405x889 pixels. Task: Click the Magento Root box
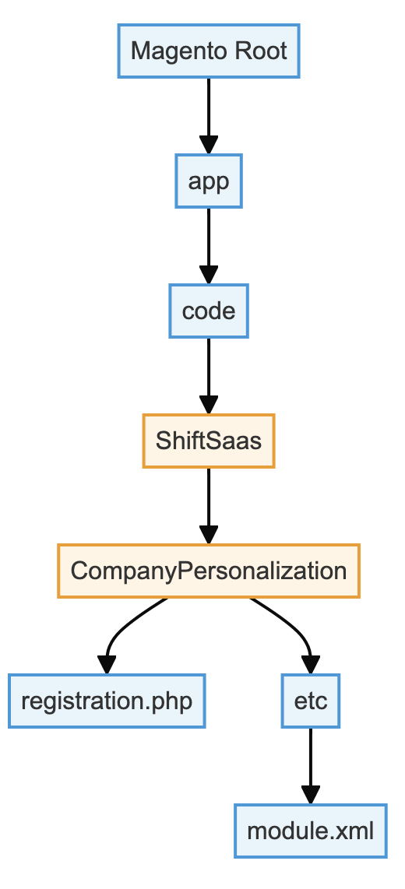(x=209, y=51)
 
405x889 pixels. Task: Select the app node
(x=209, y=181)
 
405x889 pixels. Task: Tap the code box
(x=209, y=311)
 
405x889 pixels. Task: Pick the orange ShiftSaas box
(x=209, y=441)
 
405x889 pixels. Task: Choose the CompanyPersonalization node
(x=209, y=571)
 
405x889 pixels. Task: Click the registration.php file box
(x=107, y=701)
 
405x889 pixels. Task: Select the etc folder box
(x=311, y=701)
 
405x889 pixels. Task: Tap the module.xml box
(x=311, y=831)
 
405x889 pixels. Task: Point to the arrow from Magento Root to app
(x=209, y=116)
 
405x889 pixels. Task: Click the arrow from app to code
(x=209, y=245)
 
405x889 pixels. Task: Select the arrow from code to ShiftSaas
(x=209, y=375)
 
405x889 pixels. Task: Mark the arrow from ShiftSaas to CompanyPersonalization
(x=209, y=505)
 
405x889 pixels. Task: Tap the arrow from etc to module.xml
(x=311, y=765)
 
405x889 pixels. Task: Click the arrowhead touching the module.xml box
(x=311, y=795)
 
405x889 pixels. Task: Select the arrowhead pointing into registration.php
(x=107, y=665)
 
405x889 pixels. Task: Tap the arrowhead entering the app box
(x=209, y=145)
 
